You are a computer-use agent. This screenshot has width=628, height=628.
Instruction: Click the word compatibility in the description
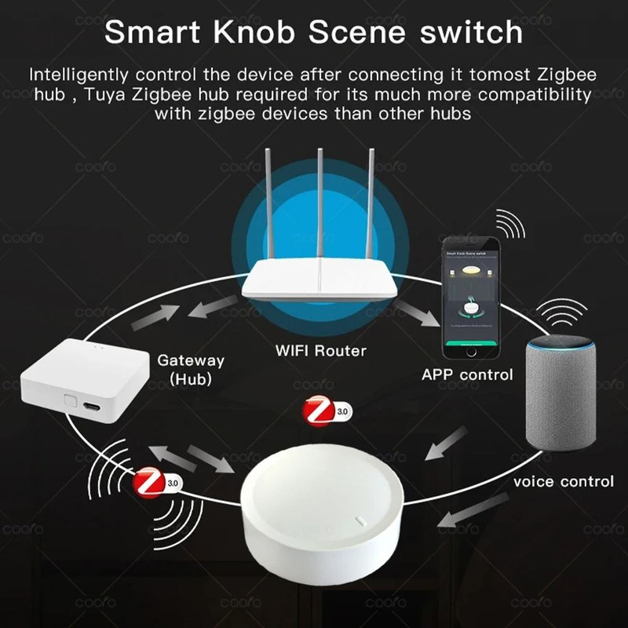(x=517, y=95)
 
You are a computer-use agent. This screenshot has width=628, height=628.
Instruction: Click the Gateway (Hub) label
(x=191, y=370)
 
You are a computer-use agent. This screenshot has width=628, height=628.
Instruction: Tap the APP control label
(x=466, y=374)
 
